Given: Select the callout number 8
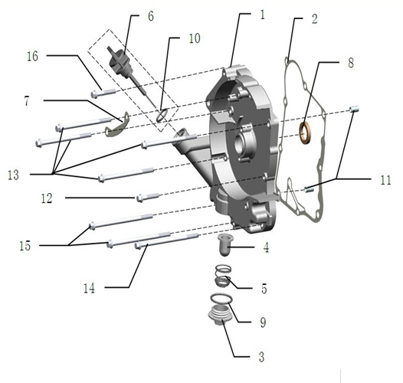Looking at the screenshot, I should [350, 63].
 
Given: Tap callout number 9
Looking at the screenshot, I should [263, 323].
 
